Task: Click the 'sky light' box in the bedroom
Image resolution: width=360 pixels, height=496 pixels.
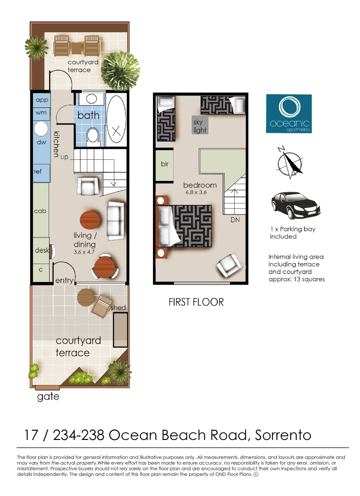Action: tap(200, 126)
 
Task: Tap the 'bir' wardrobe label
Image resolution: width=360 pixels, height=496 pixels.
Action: tap(164, 164)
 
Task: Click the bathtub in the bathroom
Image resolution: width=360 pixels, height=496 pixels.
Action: tap(116, 120)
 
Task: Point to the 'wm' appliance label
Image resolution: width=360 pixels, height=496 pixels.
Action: tap(41, 113)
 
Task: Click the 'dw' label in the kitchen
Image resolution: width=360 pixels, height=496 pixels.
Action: tap(41, 142)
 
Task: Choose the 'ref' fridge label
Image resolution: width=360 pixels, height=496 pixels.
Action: tap(38, 171)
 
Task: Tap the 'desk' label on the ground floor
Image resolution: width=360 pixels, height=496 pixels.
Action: tap(42, 250)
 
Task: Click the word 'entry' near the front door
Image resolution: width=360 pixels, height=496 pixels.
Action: tap(64, 280)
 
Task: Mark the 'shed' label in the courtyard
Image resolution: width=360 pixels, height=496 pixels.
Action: tap(118, 307)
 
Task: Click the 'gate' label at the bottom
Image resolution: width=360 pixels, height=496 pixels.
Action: tap(48, 397)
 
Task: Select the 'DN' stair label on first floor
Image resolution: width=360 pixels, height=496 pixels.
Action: tap(235, 220)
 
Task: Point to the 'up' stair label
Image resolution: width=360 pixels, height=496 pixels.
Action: tap(64, 157)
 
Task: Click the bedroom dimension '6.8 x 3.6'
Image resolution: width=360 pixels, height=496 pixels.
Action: tap(196, 192)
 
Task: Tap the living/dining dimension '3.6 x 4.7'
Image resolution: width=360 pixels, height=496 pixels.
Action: tap(84, 252)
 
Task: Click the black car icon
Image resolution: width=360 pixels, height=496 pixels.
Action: tap(295, 206)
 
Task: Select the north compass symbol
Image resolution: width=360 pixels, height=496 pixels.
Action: tap(289, 163)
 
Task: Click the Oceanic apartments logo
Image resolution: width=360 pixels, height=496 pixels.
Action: tap(289, 113)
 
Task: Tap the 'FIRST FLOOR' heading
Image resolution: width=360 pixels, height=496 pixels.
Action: tap(196, 302)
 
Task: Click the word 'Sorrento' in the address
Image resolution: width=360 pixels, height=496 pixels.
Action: tap(283, 435)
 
